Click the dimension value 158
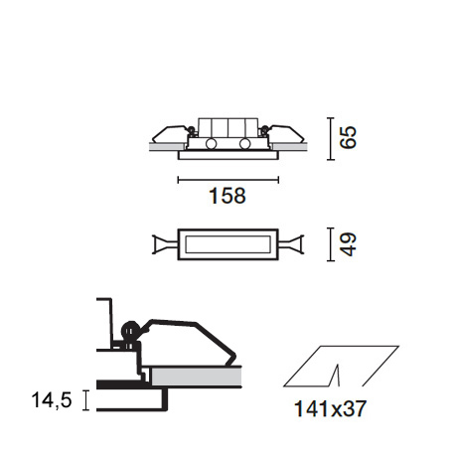[x=228, y=196]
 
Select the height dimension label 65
[x=348, y=137]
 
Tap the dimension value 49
[x=348, y=244]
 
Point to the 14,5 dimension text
[x=52, y=399]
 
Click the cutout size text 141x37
[x=330, y=408]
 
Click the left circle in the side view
[x=211, y=144]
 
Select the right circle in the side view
[x=245, y=144]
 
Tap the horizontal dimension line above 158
[x=228, y=180]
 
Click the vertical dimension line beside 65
[x=330, y=139]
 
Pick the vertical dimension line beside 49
[x=330, y=244]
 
